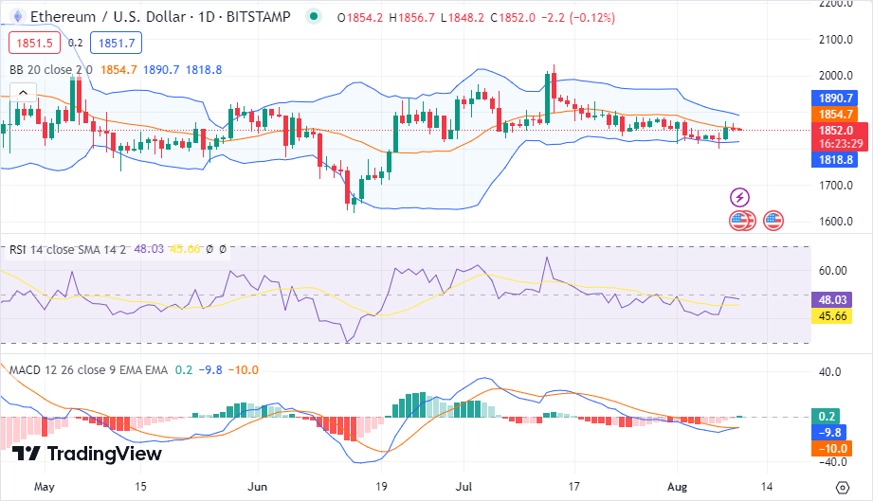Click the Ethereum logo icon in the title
click(16, 17)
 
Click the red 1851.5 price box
click(31, 43)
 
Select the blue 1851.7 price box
click(118, 43)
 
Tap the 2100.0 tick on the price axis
click(837, 40)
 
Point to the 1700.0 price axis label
click(837, 186)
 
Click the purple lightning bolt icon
click(739, 198)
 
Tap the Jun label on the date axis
click(258, 487)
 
